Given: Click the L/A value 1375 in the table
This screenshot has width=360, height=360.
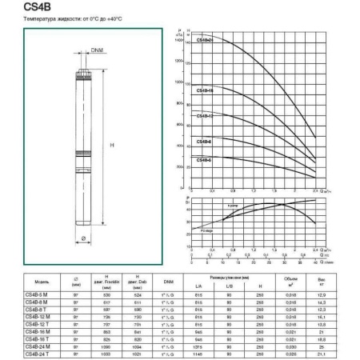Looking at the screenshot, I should pyautogui.click(x=198, y=346).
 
